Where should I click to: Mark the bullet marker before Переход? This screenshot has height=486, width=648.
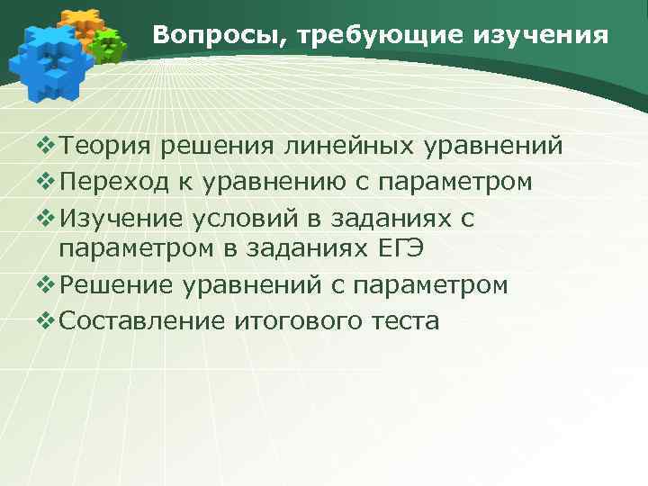[45, 181]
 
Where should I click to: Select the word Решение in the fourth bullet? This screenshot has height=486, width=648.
[118, 285]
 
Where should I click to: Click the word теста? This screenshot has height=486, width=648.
[408, 320]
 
